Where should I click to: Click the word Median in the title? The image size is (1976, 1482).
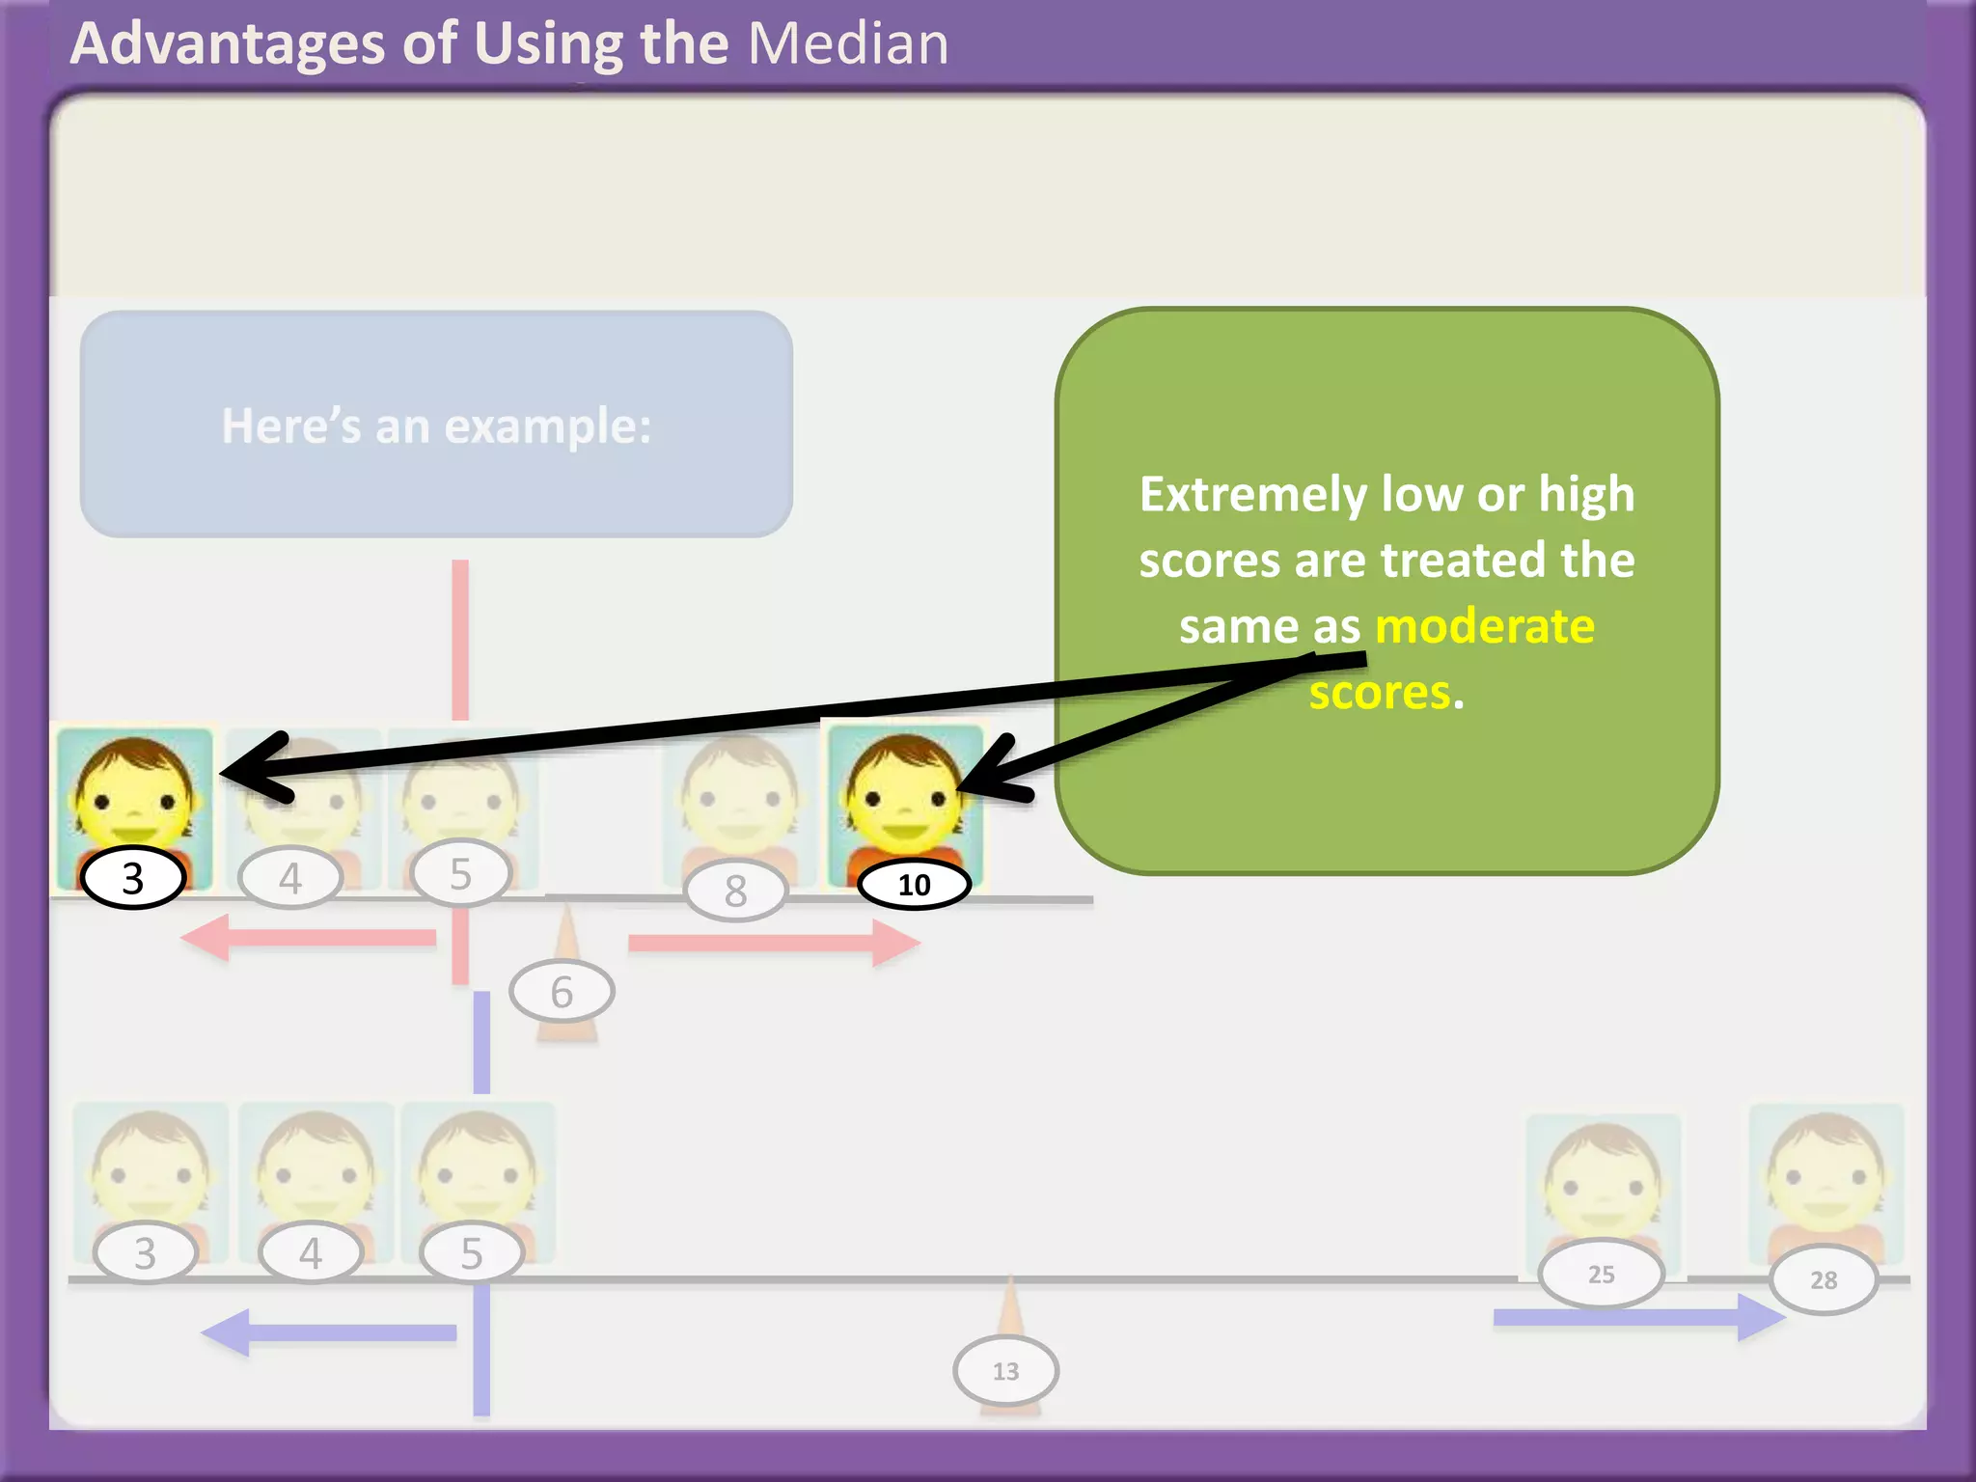(848, 43)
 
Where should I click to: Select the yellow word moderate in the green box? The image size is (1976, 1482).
(1484, 625)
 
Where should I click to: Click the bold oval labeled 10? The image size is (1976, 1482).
(914, 884)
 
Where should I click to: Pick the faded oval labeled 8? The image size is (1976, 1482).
(736, 891)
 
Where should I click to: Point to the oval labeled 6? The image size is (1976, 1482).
(562, 991)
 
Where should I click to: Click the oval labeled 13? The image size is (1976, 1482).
(1005, 1370)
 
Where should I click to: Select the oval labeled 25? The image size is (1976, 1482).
(1601, 1274)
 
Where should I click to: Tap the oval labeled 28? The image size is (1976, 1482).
(1823, 1279)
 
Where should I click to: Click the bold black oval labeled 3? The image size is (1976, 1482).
(133, 878)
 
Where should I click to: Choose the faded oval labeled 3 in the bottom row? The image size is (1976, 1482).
(145, 1252)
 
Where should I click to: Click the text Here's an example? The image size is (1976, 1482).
(436, 425)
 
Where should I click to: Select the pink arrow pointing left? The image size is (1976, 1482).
(309, 938)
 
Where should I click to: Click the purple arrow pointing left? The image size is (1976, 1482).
(328, 1332)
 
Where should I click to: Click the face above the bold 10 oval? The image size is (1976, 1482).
(904, 786)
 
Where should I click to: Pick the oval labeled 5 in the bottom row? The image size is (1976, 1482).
(471, 1252)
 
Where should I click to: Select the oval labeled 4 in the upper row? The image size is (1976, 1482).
(289, 878)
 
